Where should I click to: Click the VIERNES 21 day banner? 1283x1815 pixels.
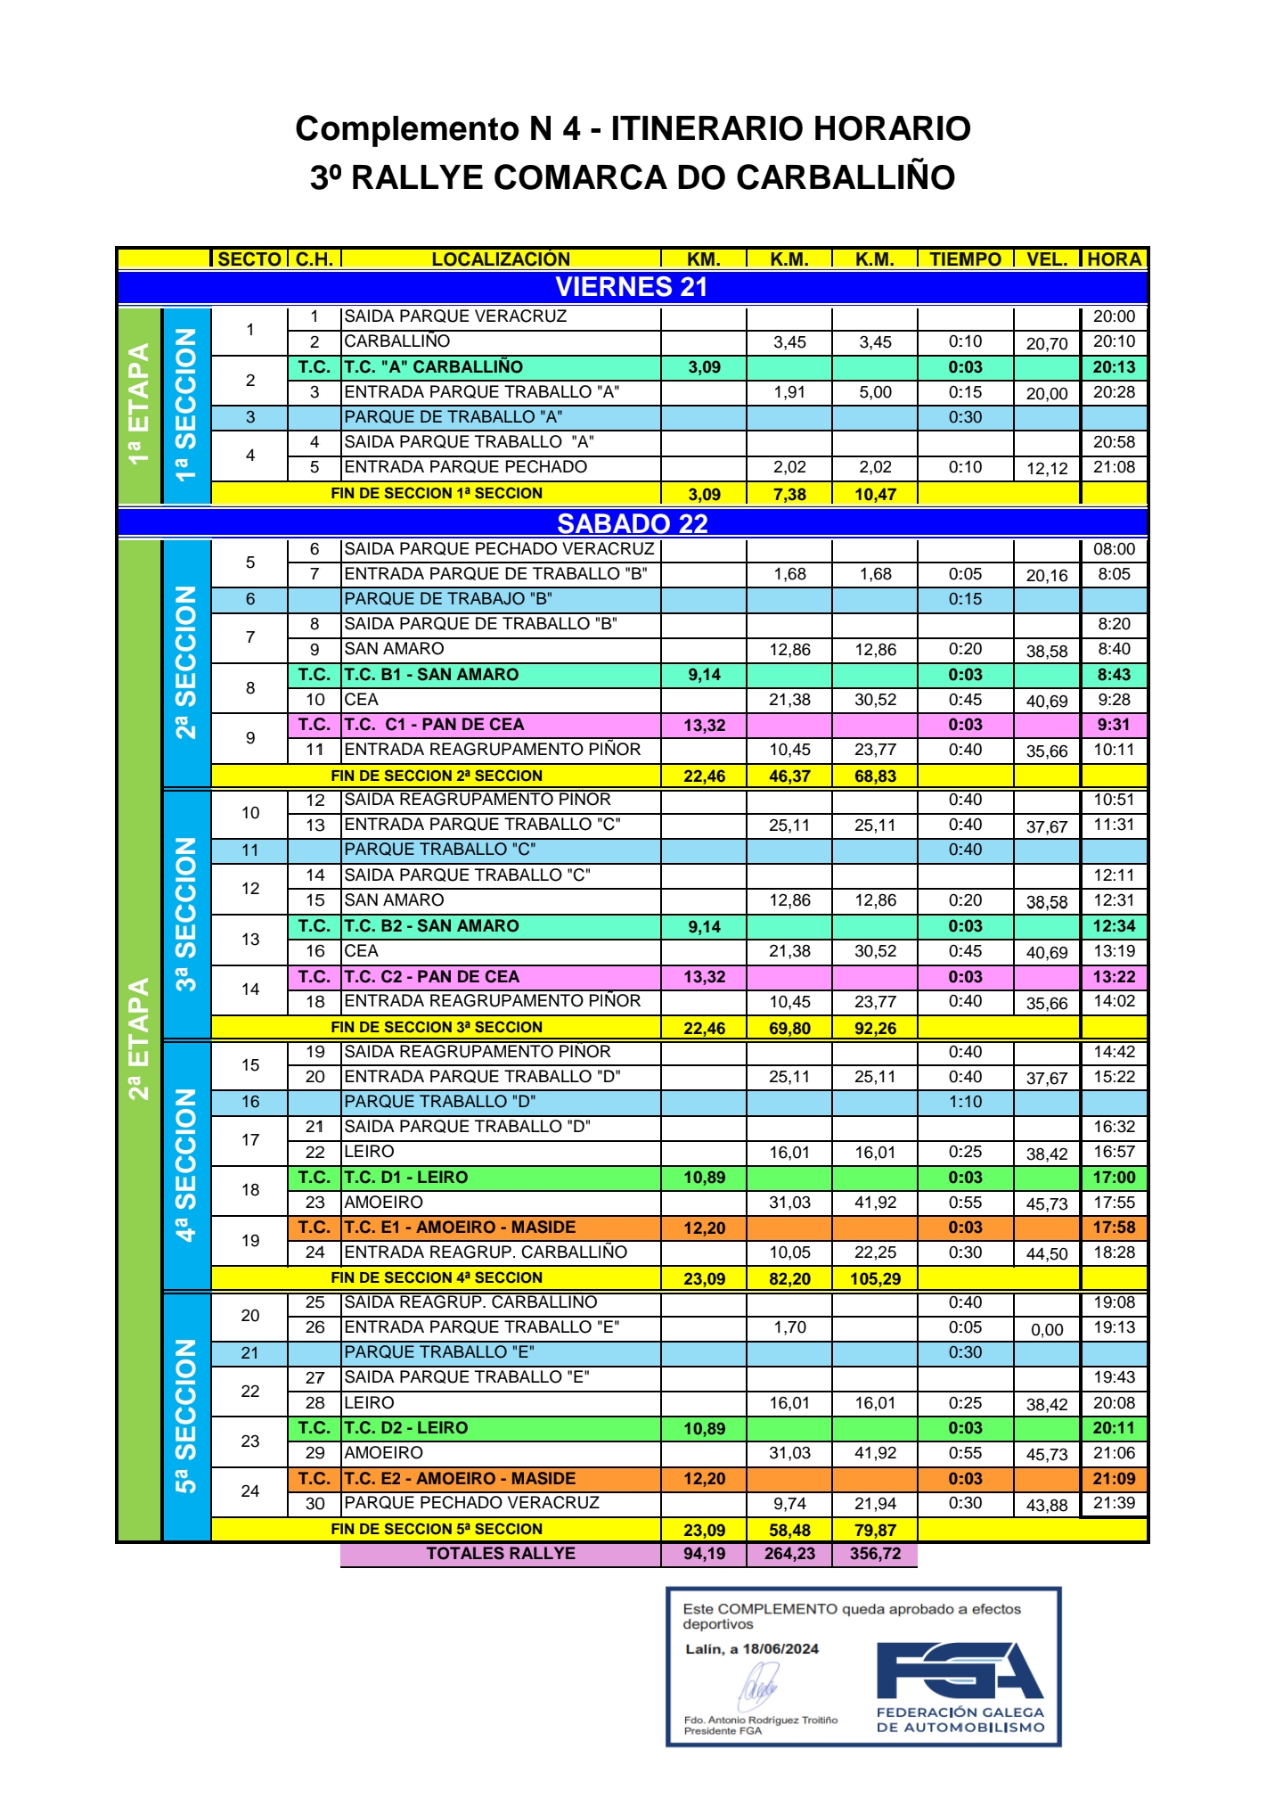[x=631, y=287]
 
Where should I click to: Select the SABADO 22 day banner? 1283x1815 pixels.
[x=632, y=523]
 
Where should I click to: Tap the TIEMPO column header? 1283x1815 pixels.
[x=965, y=259]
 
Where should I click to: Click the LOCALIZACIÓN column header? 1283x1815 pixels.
[x=501, y=259]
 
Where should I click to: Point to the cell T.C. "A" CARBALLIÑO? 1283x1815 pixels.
[x=434, y=367]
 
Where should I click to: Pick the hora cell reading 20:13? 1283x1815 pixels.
[x=1114, y=367]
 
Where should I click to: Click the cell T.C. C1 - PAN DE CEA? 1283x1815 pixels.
[x=434, y=725]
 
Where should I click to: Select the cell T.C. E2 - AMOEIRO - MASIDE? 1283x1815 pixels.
[x=460, y=1478]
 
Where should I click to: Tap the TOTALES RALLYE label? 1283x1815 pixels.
[x=501, y=1554]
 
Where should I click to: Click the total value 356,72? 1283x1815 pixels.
[x=875, y=1554]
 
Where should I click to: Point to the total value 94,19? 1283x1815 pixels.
[x=704, y=1554]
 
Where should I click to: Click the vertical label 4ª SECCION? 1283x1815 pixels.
[x=185, y=1163]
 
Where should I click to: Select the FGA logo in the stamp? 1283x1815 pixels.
[x=959, y=1670]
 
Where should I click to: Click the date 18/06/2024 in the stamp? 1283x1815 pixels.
[x=780, y=1648]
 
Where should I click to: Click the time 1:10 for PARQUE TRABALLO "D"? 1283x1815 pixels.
[x=965, y=1102]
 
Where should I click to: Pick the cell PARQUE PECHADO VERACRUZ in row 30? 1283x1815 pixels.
[x=472, y=1503]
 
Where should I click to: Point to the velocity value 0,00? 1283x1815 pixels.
[x=1047, y=1330]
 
